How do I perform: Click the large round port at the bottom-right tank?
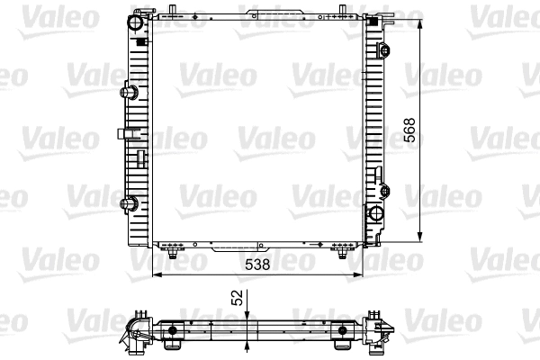point(374,216)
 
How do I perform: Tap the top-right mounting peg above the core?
point(344,10)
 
